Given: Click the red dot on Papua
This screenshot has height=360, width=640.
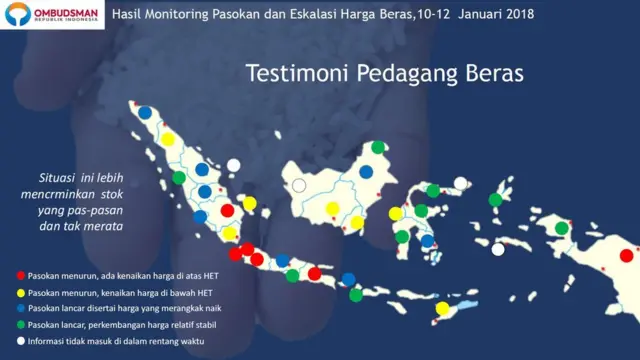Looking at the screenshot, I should tap(626, 255).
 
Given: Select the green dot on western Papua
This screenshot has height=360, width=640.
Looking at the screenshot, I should tap(562, 228).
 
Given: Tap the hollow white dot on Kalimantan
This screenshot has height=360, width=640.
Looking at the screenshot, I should tap(299, 186).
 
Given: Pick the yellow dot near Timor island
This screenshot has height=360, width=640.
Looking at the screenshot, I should tap(443, 309).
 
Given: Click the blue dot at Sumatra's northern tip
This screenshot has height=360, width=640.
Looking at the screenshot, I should tap(145, 113).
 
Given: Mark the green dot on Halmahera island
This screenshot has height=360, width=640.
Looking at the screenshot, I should tap(495, 200).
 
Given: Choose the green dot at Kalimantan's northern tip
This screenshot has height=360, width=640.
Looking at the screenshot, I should tap(378, 148).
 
